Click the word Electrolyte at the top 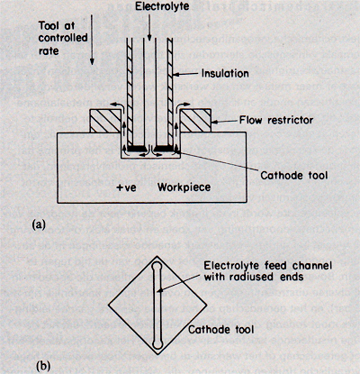tap(162, 6)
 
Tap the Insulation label tap(225, 73)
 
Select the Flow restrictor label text tap(276, 121)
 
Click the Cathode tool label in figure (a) tap(294, 175)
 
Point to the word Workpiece tap(184, 187)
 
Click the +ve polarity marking tap(126, 187)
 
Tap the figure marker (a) tap(40, 224)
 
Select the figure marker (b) tap(42, 367)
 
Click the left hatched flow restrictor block tap(105, 121)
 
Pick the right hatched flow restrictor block tap(195, 121)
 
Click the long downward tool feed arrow tap(92, 39)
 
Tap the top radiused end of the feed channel tap(157, 266)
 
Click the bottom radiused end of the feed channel tap(157, 343)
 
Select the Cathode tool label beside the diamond tap(221, 330)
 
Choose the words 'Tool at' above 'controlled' tap(57, 25)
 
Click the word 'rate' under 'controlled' tap(49, 50)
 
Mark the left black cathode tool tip tap(138, 148)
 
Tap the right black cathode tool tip tap(164, 148)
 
